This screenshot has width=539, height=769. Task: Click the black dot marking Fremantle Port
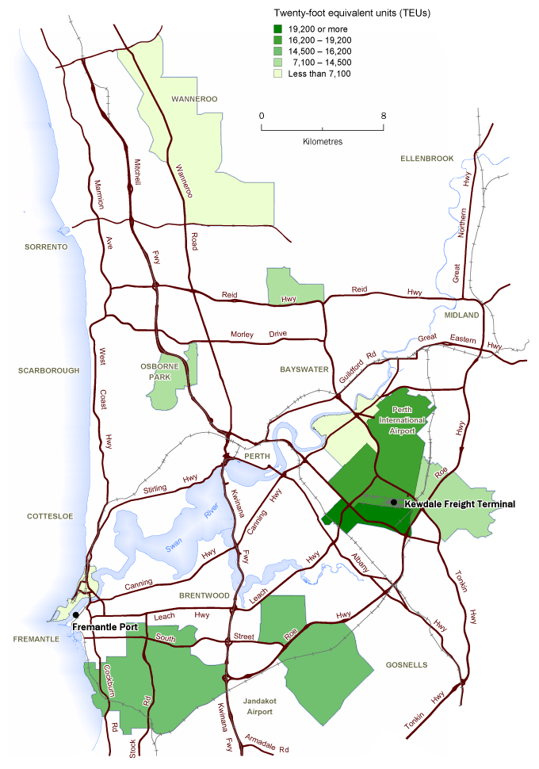coord(76,615)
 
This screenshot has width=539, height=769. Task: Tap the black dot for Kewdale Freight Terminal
coord(394,503)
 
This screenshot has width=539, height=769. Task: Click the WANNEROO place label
coord(194,99)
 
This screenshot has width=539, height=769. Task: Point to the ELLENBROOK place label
coord(427,159)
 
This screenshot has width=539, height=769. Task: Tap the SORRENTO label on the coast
coord(47,247)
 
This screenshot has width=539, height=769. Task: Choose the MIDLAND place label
coord(461,316)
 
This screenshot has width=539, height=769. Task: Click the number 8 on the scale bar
coord(384,116)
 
